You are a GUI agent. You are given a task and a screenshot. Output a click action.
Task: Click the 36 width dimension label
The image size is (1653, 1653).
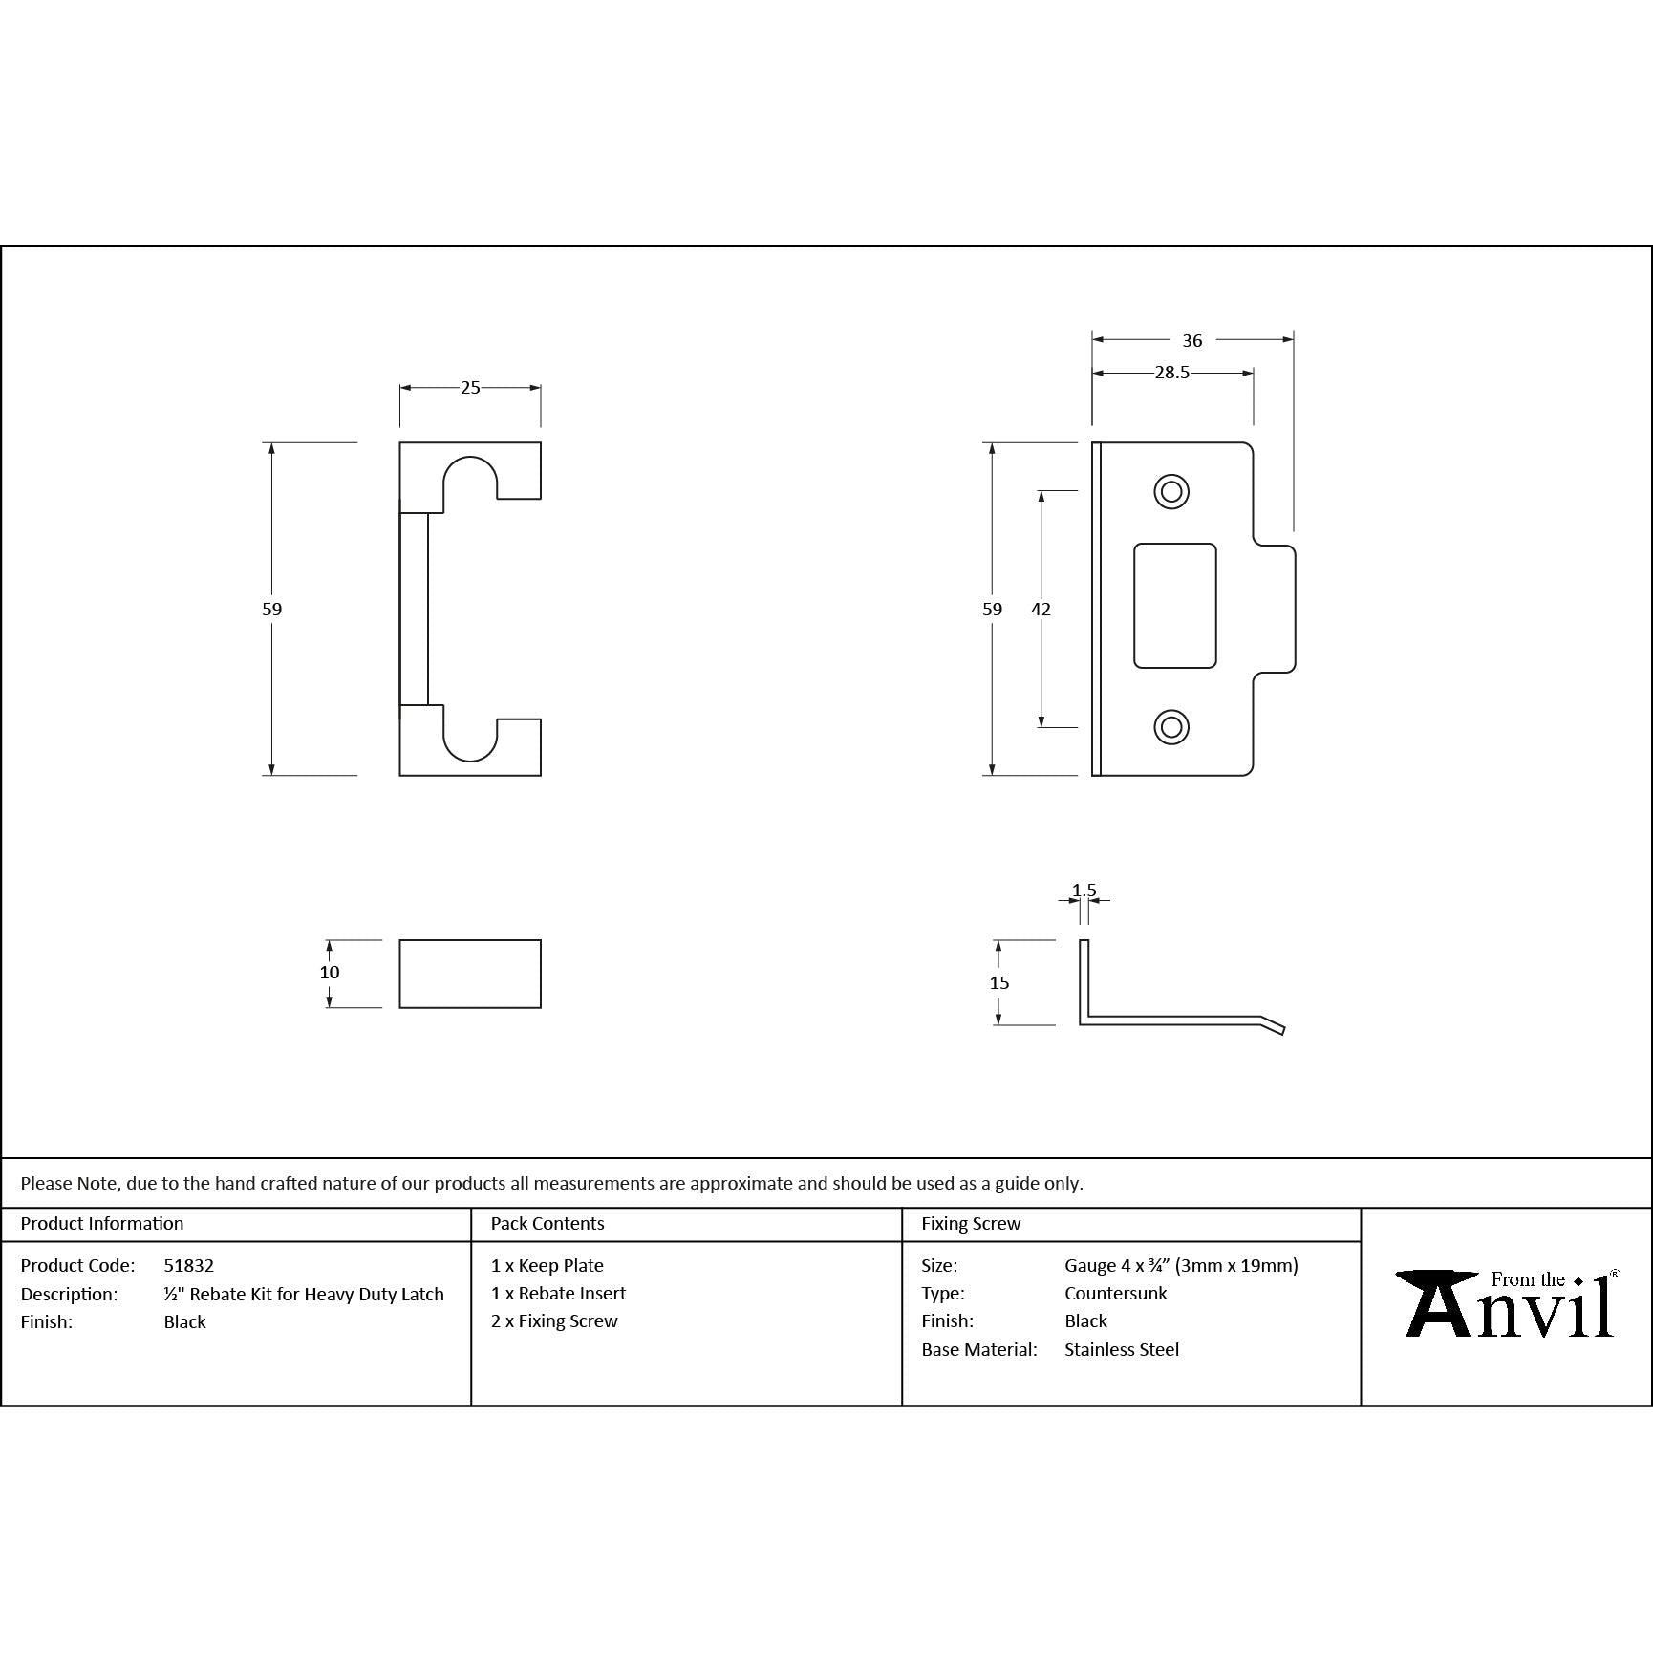coord(1191,340)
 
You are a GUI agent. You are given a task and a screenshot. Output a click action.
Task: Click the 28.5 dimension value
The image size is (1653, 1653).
coord(1171,373)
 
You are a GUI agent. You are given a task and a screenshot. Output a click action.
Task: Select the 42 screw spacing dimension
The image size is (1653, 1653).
coord(1041,609)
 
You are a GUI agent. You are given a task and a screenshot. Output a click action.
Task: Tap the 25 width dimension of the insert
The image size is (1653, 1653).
coord(470,387)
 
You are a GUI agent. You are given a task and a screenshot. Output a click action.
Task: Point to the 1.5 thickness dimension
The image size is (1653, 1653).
coord(1084,891)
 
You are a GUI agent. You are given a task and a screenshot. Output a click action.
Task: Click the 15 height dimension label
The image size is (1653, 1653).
coord(999,982)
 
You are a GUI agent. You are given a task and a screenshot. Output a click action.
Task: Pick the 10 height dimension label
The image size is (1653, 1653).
coord(330,972)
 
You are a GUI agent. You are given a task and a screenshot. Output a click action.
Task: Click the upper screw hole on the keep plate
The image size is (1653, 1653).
coord(1171,492)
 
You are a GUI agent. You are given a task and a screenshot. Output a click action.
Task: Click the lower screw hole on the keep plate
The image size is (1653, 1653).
coord(1171,727)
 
